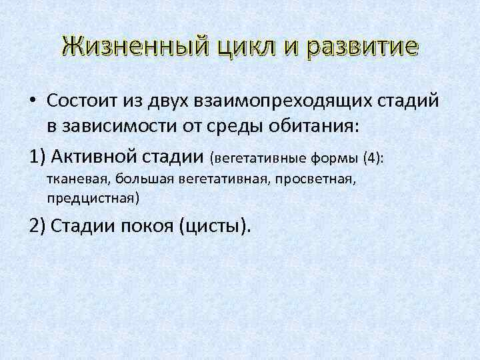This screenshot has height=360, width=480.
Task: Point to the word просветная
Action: point(319,179)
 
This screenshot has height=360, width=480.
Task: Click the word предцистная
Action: point(93,198)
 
